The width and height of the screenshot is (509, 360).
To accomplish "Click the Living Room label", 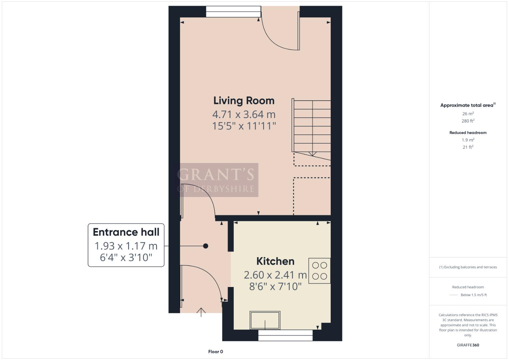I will tap(244, 100).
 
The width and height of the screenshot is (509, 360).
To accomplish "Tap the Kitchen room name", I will tap(275, 261).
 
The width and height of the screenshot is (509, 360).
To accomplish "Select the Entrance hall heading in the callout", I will tap(126, 232).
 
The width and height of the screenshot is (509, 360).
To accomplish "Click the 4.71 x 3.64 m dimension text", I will tap(244, 114).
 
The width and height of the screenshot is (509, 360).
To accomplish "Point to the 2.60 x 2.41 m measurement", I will tap(275, 275).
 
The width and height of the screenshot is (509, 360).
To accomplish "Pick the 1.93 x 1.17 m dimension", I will tap(126, 246).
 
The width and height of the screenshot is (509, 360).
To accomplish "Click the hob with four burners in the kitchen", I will tap(319, 271).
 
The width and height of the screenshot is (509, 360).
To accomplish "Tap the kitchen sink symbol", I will tap(265, 320).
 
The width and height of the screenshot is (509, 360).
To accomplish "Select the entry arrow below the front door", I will tap(201, 312).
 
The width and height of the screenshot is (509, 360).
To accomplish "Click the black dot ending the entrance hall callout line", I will tap(206, 246).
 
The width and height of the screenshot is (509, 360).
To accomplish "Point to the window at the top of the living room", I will tap(233, 12).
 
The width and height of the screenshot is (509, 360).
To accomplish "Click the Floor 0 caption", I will tap(215, 352).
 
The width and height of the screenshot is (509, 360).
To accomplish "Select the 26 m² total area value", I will tap(468, 114).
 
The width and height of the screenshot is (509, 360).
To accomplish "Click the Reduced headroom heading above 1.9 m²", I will tap(468, 133).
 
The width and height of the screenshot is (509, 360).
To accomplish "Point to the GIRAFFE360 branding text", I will tap(468, 345).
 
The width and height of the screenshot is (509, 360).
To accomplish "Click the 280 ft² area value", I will tap(468, 121).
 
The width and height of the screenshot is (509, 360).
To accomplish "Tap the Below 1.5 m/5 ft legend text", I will tap(473, 295).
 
